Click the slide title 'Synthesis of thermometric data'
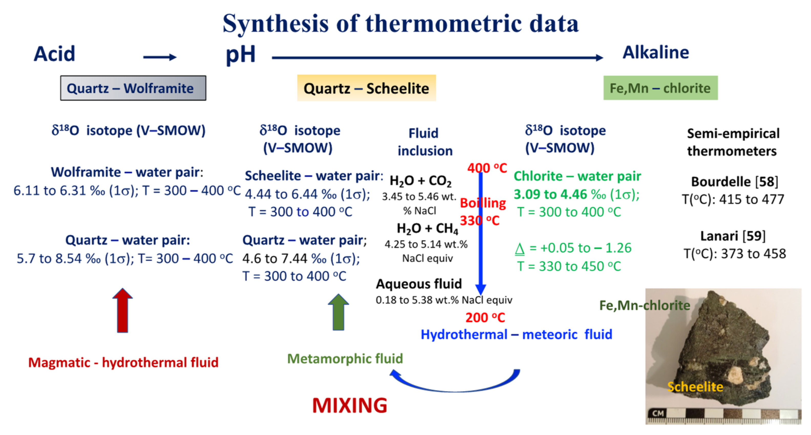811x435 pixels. [x=400, y=24]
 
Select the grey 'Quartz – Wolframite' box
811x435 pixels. [x=133, y=88]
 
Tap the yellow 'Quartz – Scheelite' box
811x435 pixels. [x=367, y=88]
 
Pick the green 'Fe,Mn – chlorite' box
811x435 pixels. [x=660, y=88]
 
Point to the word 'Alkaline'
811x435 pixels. [x=656, y=52]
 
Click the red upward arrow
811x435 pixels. [x=122, y=310]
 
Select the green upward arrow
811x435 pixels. [x=338, y=312]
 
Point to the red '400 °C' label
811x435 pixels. [x=487, y=168]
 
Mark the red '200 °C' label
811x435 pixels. [x=485, y=318]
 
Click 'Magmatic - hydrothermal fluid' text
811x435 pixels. [x=123, y=363]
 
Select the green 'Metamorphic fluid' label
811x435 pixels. [x=345, y=359]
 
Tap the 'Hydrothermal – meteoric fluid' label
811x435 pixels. [x=516, y=334]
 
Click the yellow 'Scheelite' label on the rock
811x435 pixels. [x=695, y=387]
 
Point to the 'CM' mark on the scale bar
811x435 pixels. [x=658, y=413]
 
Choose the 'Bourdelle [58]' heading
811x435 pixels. [x=734, y=182]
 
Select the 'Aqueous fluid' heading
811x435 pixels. [x=419, y=284]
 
